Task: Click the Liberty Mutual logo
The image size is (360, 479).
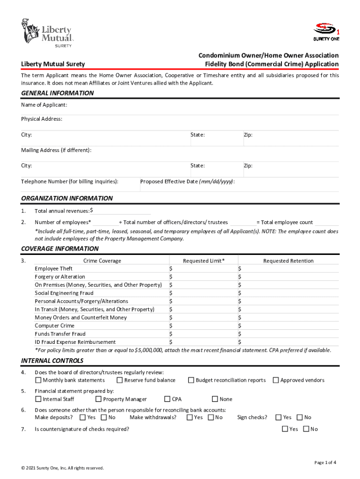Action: click(x=47, y=33)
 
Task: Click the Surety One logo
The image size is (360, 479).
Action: click(x=326, y=31)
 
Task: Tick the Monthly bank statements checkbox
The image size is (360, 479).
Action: click(x=38, y=380)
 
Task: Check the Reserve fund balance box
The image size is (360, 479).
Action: click(x=120, y=380)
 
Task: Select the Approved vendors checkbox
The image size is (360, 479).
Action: click(x=276, y=380)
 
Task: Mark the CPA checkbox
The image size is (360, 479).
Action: click(x=167, y=399)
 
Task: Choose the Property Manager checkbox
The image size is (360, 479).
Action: click(x=99, y=399)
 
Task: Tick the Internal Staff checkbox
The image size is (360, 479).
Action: click(x=38, y=399)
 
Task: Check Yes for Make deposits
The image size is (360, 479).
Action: click(x=83, y=417)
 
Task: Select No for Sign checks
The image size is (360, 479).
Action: click(x=300, y=417)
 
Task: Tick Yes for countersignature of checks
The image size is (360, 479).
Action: click(x=285, y=429)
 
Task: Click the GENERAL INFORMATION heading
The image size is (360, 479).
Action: click(x=58, y=93)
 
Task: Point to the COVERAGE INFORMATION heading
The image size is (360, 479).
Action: click(x=60, y=249)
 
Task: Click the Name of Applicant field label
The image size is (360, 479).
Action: click(x=44, y=105)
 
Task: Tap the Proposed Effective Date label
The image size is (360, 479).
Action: click(x=187, y=181)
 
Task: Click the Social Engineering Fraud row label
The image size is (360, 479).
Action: click(x=64, y=293)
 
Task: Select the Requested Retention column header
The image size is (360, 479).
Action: click(x=288, y=261)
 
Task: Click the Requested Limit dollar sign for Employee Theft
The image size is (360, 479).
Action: click(x=171, y=269)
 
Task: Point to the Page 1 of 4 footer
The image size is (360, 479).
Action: click(x=325, y=463)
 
